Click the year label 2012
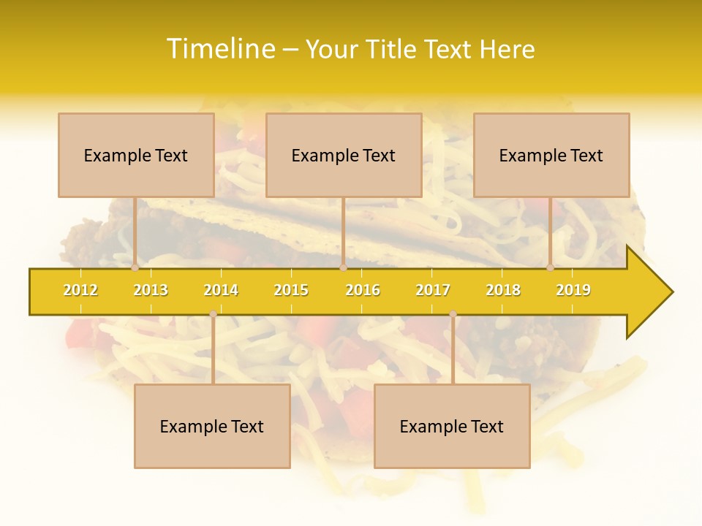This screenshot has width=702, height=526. pyautogui.click(x=80, y=290)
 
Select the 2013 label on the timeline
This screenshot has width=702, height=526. pyautogui.click(x=151, y=290)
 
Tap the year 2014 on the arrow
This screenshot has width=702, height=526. pyautogui.click(x=221, y=290)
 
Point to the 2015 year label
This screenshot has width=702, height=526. pyautogui.click(x=291, y=290)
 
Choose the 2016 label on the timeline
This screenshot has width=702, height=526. pyautogui.click(x=363, y=290)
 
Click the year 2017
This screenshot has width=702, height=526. pyautogui.click(x=433, y=290)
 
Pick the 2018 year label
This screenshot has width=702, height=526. pyautogui.click(x=503, y=290)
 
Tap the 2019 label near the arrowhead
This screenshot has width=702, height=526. pyautogui.click(x=573, y=290)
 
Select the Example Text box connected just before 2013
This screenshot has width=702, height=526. pyautogui.click(x=136, y=155)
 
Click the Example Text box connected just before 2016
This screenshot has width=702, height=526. pyautogui.click(x=344, y=155)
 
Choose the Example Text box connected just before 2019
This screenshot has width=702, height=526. pyautogui.click(x=551, y=155)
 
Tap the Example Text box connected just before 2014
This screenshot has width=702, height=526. pyautogui.click(x=212, y=426)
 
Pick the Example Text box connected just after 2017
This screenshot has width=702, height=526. pyautogui.click(x=452, y=426)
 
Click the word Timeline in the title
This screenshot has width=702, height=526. pyautogui.click(x=220, y=49)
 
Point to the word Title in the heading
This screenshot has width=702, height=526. pyautogui.click(x=394, y=49)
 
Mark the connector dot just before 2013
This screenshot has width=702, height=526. pyautogui.click(x=135, y=267)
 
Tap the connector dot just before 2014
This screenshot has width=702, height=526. pyautogui.click(x=213, y=313)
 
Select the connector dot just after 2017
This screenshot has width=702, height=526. pyautogui.click(x=453, y=313)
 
